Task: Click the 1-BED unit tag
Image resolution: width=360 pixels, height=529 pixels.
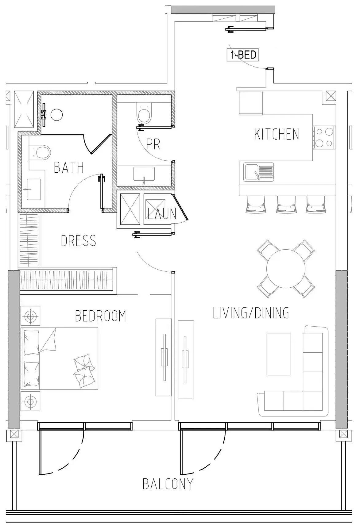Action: [242, 55]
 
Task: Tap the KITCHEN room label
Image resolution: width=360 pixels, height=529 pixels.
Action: [277, 134]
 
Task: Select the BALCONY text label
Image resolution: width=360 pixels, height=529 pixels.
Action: [168, 484]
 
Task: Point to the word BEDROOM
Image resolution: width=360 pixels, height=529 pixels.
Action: [101, 316]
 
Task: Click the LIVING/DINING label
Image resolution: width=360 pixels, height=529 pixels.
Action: [251, 313]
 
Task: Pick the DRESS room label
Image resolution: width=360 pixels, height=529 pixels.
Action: [79, 241]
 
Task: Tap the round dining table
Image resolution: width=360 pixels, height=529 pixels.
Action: [286, 269]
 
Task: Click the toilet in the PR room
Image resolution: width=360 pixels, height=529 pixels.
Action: [144, 113]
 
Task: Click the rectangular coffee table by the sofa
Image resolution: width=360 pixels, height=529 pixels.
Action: [278, 354]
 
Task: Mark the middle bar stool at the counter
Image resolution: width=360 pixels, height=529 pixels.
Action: [286, 204]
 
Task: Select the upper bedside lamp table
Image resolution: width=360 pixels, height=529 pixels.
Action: [30, 316]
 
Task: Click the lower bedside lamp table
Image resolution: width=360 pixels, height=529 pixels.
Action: [30, 401]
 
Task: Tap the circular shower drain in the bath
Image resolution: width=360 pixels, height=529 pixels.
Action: [56, 115]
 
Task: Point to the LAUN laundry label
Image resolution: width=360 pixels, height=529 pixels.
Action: [162, 214]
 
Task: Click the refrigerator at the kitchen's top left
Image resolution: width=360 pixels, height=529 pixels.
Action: [251, 103]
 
